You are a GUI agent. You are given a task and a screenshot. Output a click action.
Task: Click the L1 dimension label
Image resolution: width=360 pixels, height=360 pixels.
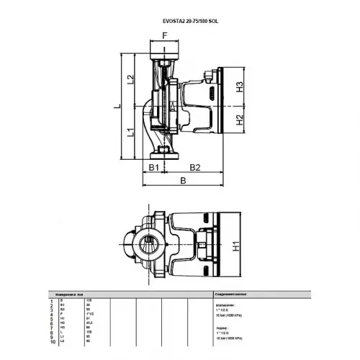[x=131, y=133]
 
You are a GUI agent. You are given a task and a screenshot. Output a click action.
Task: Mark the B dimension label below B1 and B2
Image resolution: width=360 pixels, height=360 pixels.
[x=184, y=181]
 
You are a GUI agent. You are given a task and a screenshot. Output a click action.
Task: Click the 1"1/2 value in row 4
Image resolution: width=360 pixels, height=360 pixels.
[x=89, y=314]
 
